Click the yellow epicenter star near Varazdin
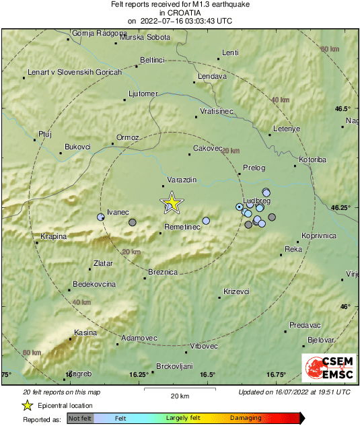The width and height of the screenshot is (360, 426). pos(172,202)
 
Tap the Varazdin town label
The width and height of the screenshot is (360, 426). pos(182,180)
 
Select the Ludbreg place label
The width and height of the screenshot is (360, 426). pos(256,201)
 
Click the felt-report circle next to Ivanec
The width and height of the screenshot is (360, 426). pos(101,217)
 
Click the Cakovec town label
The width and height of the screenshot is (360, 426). pos(207,148)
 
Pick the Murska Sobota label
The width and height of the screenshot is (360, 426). pos(145,37)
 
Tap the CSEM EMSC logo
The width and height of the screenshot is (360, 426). pos(328,368)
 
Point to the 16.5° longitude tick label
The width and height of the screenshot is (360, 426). pos(207,375)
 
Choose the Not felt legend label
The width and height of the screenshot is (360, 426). pos(80,418)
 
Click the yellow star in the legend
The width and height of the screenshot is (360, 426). pos(27,405)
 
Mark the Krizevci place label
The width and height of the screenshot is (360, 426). pos(236,291)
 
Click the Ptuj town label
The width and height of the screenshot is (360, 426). pos(45,134)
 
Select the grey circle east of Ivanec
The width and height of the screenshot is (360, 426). pos(133,222)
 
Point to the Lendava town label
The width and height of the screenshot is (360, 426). pos(212,77)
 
